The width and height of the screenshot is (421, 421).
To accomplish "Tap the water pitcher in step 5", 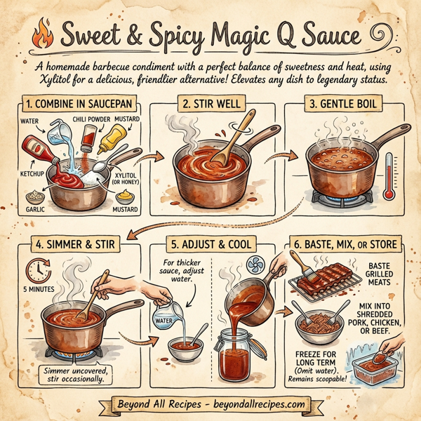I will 165,313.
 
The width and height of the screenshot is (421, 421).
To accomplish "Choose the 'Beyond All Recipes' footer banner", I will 210,404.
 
